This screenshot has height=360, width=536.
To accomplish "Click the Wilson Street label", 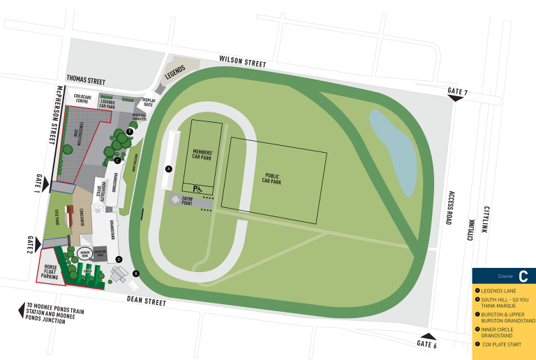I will click(242, 62).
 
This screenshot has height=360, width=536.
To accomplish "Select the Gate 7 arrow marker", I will click(456, 98).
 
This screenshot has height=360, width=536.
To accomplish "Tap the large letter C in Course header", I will click(523, 276).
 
